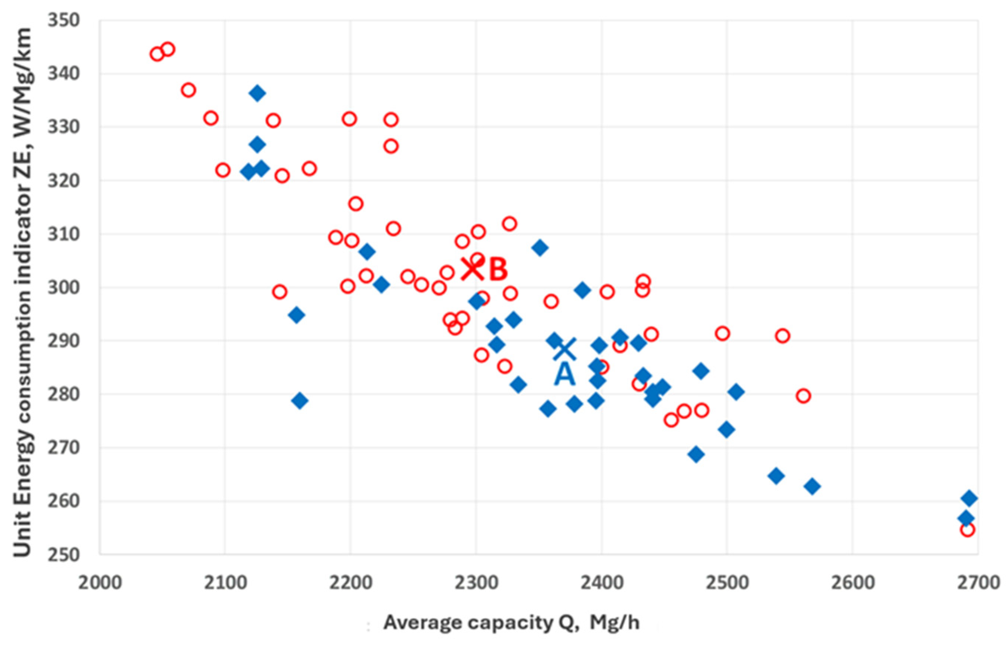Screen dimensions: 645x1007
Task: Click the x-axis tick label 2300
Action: (x=476, y=583)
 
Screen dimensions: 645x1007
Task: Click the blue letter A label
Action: (x=564, y=374)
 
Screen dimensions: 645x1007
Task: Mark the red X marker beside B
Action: (x=472, y=269)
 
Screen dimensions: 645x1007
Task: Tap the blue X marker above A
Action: (x=565, y=349)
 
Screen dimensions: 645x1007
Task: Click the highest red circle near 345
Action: (x=168, y=49)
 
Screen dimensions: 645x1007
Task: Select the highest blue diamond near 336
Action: (x=257, y=93)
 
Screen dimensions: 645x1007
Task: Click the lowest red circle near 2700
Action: (x=967, y=530)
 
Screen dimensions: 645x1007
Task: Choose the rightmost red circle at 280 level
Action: (x=803, y=396)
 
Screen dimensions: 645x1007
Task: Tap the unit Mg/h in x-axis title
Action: (x=615, y=622)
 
